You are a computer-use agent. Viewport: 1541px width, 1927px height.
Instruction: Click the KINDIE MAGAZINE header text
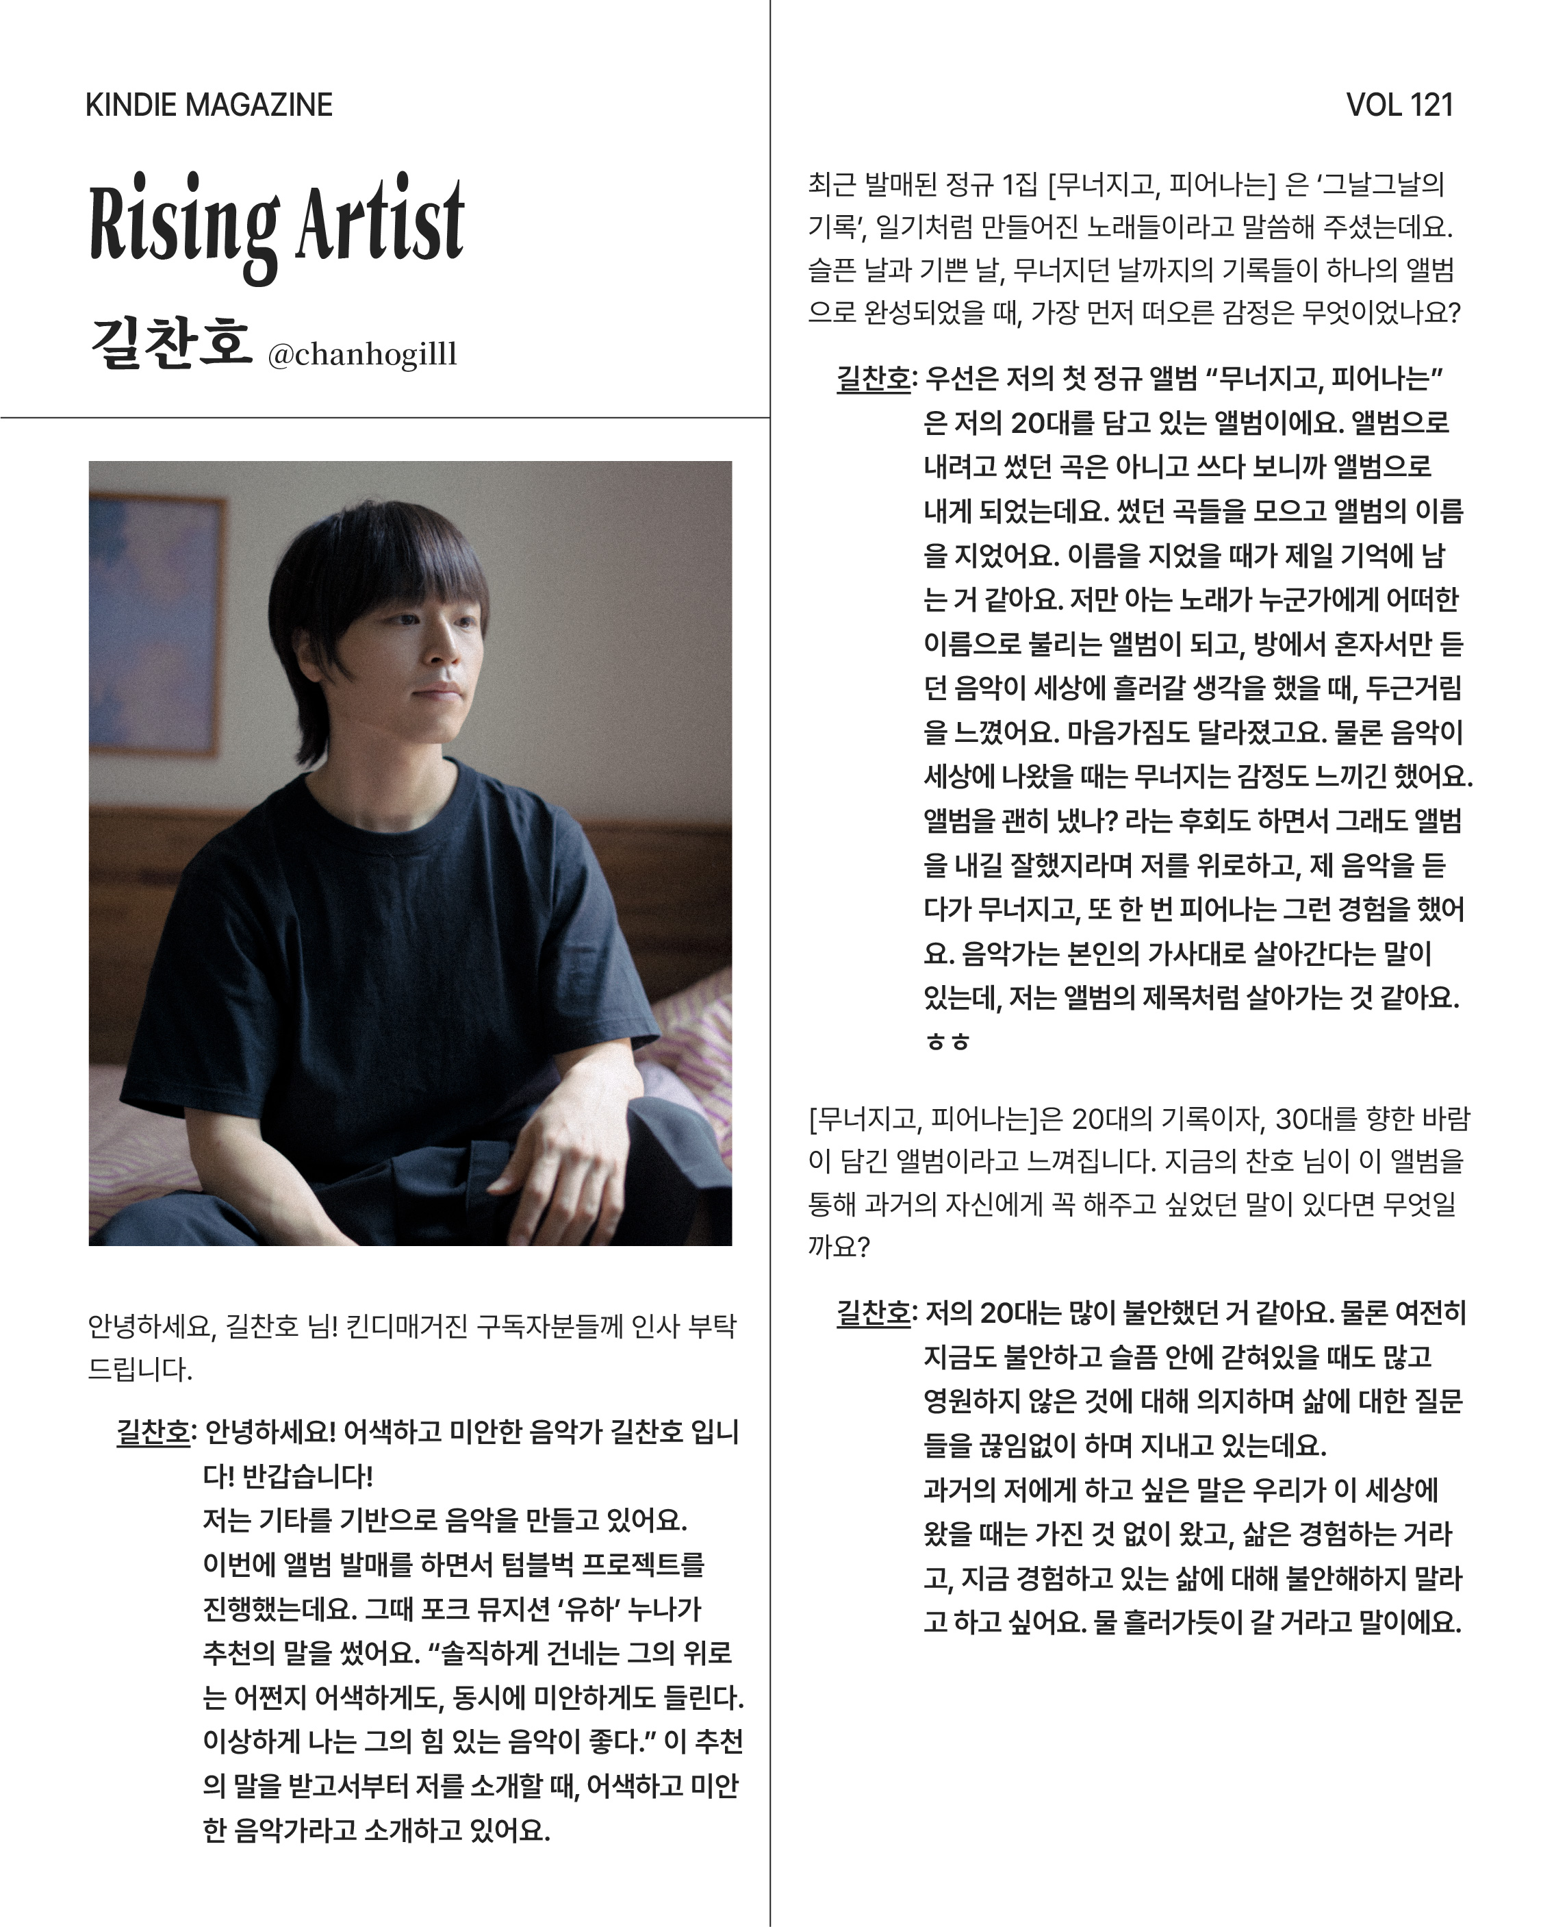208,105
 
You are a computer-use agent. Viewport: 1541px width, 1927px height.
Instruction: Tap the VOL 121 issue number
1399,105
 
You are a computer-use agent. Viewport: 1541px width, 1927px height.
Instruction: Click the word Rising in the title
184,223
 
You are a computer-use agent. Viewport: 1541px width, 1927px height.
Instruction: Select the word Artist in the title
380,219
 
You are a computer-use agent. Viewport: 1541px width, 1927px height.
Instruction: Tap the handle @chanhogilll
361,355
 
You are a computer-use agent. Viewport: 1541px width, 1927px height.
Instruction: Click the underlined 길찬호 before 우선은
874,379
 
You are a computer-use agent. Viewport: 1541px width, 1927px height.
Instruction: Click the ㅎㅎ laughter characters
947,1042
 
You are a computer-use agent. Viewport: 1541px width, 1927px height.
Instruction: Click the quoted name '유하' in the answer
589,1609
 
